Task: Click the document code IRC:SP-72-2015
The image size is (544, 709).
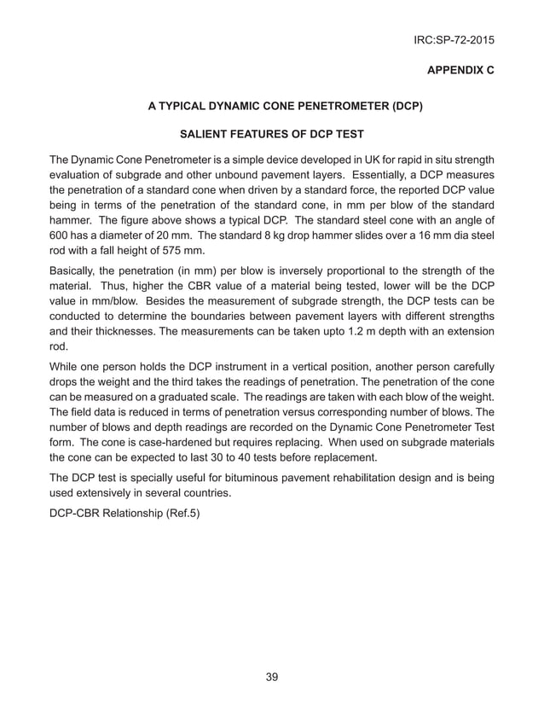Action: pyautogui.click(x=453, y=39)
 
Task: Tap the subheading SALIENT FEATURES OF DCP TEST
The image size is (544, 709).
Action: pyautogui.click(x=269, y=135)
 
